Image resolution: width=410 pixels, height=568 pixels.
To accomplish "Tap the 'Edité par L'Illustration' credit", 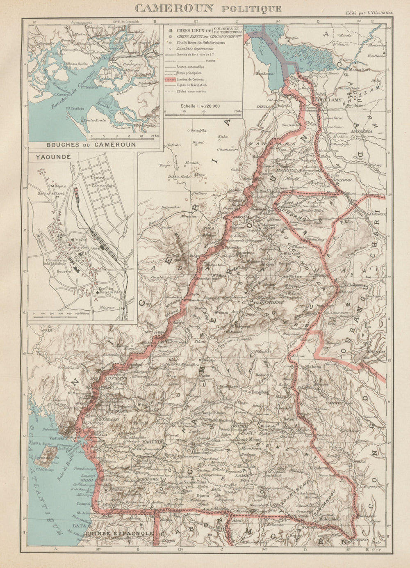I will (369, 13).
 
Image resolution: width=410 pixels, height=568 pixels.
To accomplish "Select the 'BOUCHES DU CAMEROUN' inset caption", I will (91, 144).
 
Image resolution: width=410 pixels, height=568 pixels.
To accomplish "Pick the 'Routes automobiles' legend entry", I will (190, 66).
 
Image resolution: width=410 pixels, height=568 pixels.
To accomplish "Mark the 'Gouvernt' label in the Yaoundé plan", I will (66, 271).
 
